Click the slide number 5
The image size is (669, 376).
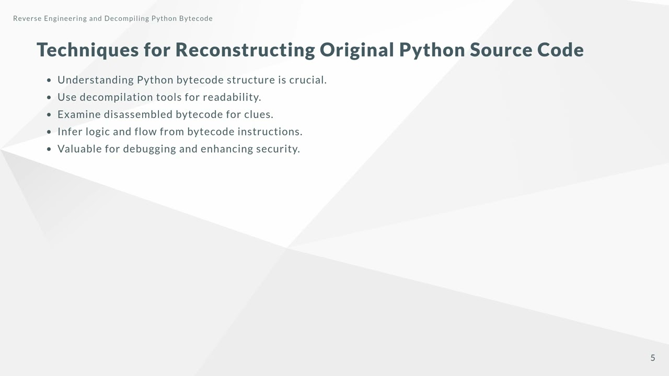click(653, 358)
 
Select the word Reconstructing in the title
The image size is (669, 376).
click(245, 50)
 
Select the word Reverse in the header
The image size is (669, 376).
click(28, 19)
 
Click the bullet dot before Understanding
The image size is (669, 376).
click(49, 80)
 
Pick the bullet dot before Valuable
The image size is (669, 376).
click(49, 149)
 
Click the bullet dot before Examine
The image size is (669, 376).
click(49, 115)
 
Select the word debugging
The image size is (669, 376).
click(149, 149)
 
